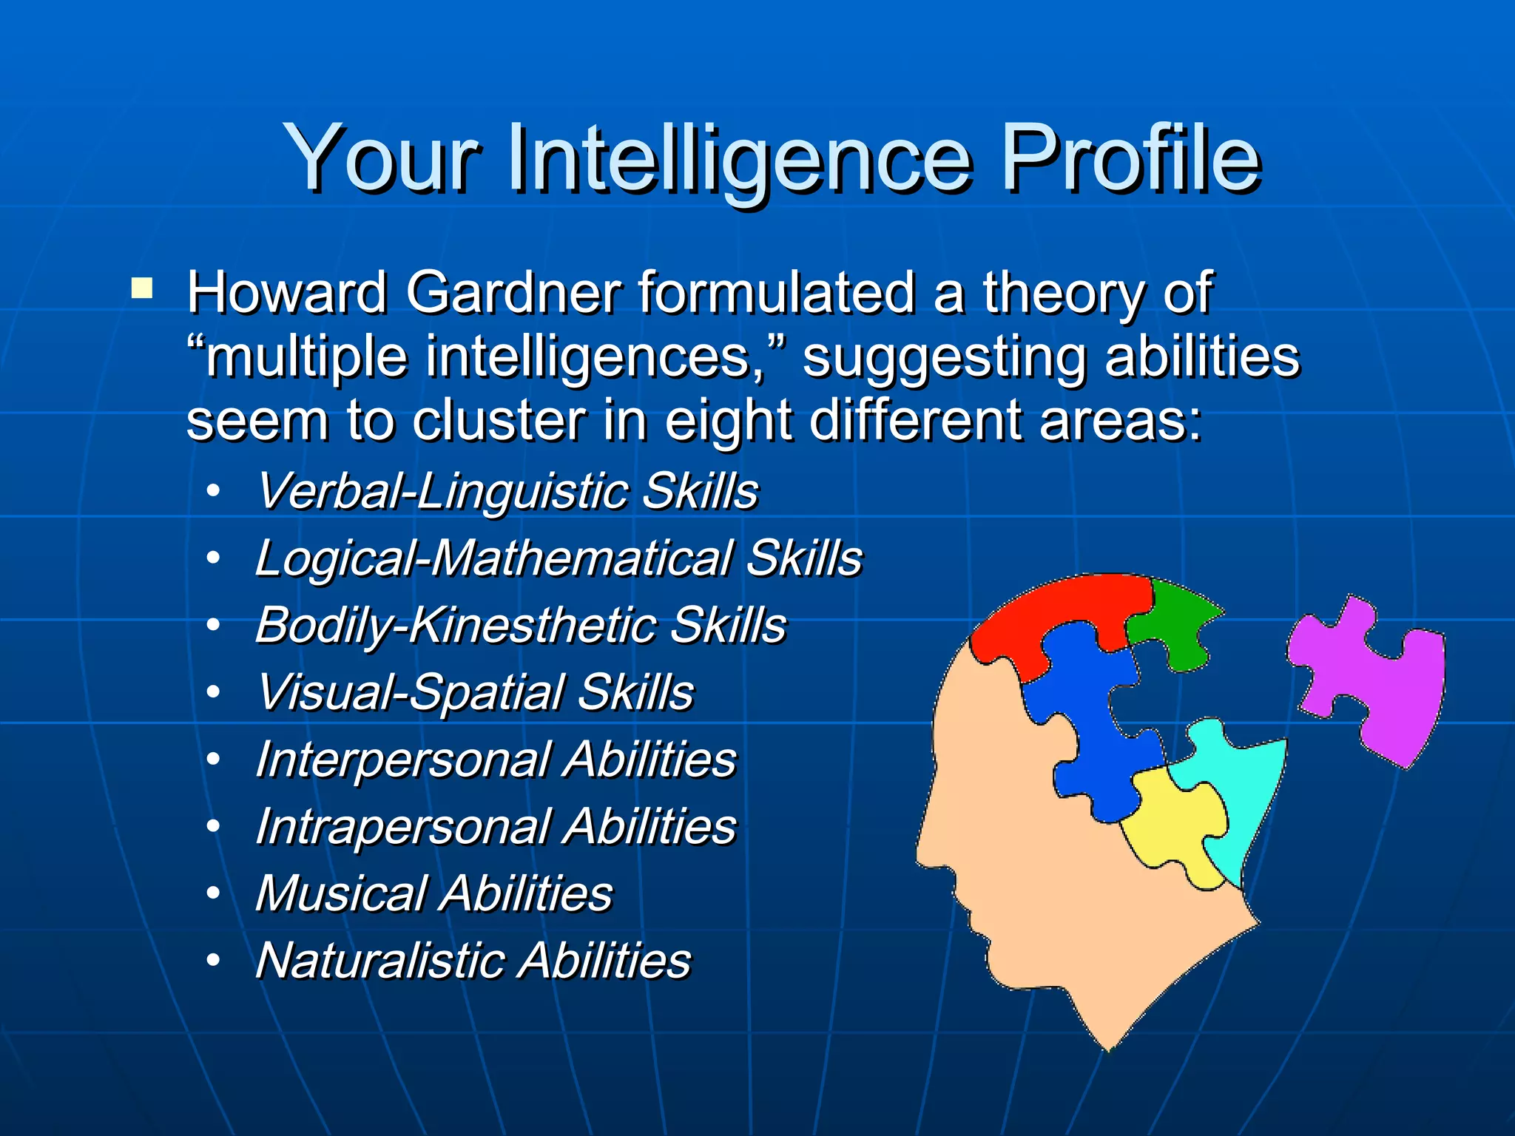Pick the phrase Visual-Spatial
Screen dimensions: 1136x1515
tap(411, 692)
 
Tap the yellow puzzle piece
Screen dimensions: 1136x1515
tap(1176, 821)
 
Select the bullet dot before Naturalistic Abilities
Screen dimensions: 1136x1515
tap(213, 960)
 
